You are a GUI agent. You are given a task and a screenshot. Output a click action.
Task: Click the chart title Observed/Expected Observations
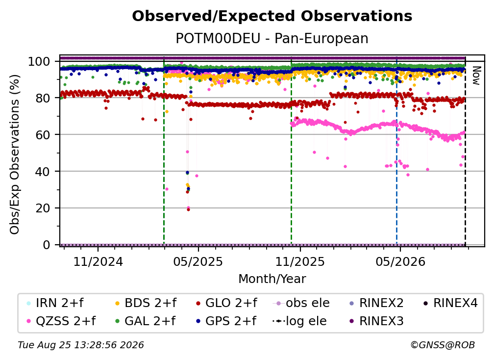[x=272, y=16]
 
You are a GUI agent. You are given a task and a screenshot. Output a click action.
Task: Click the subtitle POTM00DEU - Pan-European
[x=272, y=38]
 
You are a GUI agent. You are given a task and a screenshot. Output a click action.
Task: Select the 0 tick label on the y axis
[x=47, y=245]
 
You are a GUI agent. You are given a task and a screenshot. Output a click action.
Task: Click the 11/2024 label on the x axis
[x=98, y=261]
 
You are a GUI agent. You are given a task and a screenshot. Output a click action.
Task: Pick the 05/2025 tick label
[x=198, y=261]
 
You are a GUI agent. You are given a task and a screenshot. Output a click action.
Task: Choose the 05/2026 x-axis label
[x=400, y=261]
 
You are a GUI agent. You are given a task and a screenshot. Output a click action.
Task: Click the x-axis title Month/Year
[x=272, y=279]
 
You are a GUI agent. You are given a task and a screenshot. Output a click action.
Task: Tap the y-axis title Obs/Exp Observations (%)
[x=15, y=154]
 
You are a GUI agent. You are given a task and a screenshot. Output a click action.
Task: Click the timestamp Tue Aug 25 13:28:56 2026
[x=81, y=345]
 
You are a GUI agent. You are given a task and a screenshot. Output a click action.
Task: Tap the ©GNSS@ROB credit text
[x=443, y=345]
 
